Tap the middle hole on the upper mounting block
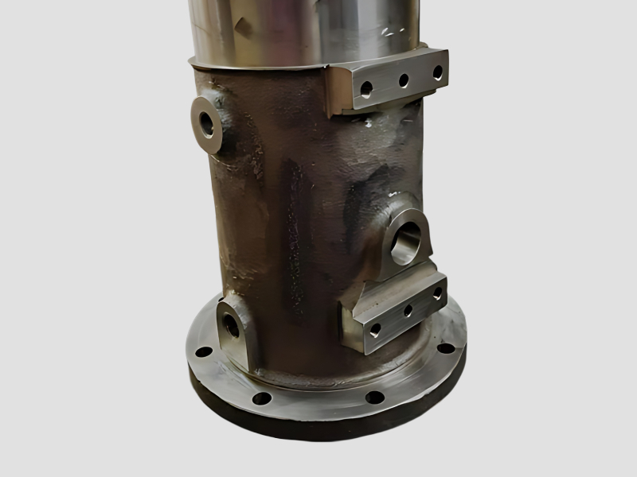pos(404,79)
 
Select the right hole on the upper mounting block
pos(437,72)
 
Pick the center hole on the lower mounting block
pos(408,311)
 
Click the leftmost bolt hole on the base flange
pos(204,351)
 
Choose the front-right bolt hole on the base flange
pos(374,397)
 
